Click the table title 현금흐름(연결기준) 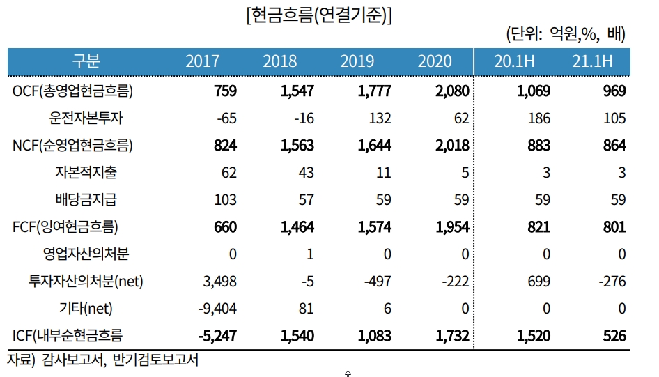tap(319, 15)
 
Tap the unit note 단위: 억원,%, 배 tap(566, 34)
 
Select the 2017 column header tap(202, 61)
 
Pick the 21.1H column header tap(592, 61)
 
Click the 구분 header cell tap(86, 61)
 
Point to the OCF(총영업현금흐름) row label tap(72, 91)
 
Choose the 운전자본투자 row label tap(86, 118)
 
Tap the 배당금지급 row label tap(86, 199)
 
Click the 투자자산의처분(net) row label tap(86, 281)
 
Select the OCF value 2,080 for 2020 tap(452, 91)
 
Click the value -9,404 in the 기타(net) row tap(217, 309)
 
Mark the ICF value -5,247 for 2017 tap(217, 336)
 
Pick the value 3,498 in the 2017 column tap(220, 282)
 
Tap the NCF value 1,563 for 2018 tap(297, 146)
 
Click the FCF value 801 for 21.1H tap(614, 227)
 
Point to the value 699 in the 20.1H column tap(538, 282)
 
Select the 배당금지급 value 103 tap(225, 200)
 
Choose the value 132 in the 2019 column tap(380, 118)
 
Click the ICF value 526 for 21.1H tap(614, 336)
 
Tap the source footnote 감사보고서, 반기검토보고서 tap(121, 360)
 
